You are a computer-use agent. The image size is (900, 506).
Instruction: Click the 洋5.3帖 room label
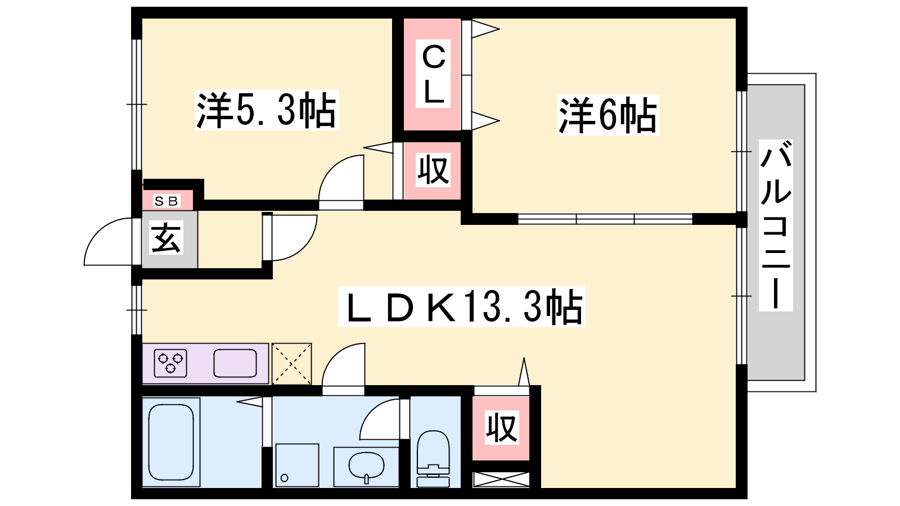point(266,110)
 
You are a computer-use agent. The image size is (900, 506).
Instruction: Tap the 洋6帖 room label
point(607,115)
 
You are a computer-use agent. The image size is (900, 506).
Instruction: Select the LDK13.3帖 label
point(461,307)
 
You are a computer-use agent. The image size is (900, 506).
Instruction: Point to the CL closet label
point(433,74)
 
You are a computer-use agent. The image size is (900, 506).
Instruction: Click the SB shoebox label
point(166,201)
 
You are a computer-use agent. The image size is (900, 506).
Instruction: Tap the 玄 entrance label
point(166,238)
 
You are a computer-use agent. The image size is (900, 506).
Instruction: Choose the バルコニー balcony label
point(776,225)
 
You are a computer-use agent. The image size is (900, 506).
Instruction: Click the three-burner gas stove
point(171,363)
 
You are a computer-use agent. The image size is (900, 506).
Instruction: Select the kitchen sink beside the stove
point(235,363)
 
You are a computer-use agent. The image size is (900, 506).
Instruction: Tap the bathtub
point(171,442)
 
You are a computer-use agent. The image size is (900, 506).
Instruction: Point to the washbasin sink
point(366,466)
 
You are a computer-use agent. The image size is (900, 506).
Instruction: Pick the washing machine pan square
point(296,465)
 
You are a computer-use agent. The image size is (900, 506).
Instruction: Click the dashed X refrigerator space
point(291,364)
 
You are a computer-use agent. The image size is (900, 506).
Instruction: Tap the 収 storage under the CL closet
point(433,170)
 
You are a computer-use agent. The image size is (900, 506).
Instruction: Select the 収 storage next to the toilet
point(501,428)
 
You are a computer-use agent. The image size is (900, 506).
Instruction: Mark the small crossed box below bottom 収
point(501,480)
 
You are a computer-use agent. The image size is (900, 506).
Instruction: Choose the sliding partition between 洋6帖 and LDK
point(605,219)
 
